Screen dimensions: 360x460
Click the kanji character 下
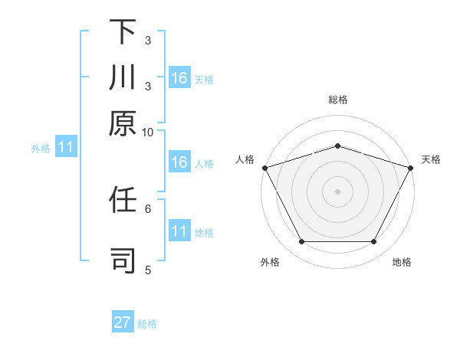click(123, 32)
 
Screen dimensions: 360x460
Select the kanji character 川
click(123, 77)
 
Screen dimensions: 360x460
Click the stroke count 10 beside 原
click(148, 132)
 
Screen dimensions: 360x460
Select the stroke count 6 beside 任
click(148, 208)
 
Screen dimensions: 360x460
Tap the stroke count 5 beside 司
click(148, 269)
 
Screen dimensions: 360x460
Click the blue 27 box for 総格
click(123, 322)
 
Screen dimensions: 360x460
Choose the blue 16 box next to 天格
click(179, 78)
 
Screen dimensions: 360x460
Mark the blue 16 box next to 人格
click(179, 162)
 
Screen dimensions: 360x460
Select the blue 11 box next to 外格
click(65, 148)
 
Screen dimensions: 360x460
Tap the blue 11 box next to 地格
click(179, 231)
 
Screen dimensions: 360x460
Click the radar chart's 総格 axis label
click(337, 100)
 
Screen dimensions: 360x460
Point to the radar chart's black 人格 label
click(245, 159)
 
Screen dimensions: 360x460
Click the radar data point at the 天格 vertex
click(411, 167)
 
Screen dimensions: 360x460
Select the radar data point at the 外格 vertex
click(301, 242)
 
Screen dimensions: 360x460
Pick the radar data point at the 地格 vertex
click(374, 242)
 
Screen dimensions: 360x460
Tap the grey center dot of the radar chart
click(337, 191)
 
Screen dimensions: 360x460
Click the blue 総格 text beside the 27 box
click(147, 324)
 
